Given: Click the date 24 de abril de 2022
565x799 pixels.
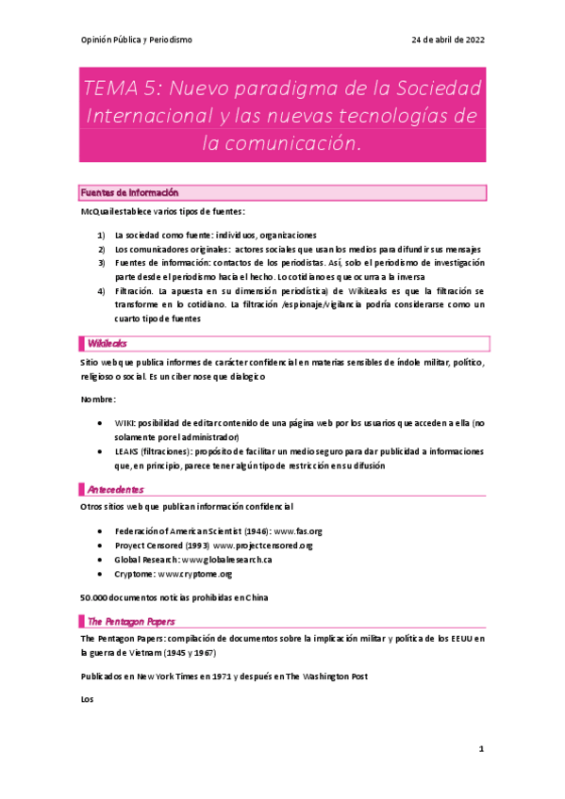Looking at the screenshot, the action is (448, 40).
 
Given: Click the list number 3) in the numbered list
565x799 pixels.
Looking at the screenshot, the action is (102, 262).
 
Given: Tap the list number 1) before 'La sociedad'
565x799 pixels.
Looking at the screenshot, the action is (102, 235).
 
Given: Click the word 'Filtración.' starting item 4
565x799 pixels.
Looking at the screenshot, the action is (134, 292).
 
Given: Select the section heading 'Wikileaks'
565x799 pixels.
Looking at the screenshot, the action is (107, 344).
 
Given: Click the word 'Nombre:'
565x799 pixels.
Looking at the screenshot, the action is (99, 399).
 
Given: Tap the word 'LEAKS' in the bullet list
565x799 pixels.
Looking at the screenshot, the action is (128, 451).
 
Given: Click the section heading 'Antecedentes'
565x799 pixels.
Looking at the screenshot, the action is (115, 489).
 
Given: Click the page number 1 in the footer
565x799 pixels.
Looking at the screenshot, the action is (481, 749).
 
